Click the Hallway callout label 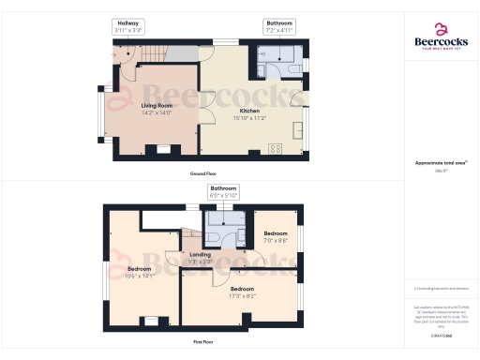pyautogui.click(x=127, y=26)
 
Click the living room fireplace pyautogui.click(x=163, y=148)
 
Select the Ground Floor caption pyautogui.click(x=203, y=174)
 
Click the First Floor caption pyautogui.click(x=203, y=343)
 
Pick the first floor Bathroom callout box pyautogui.click(x=223, y=192)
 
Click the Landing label pyautogui.click(x=198, y=257)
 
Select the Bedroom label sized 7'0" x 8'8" pyautogui.click(x=275, y=237)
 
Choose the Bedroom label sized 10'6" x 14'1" pyautogui.click(x=139, y=273)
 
